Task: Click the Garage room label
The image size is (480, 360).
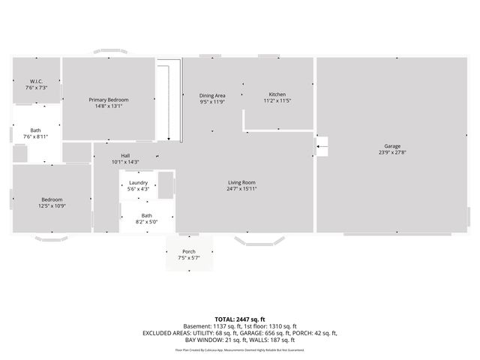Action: pyautogui.click(x=391, y=145)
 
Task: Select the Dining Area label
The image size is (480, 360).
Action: pyautogui.click(x=212, y=95)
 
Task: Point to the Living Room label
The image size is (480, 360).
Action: pyautogui.click(x=242, y=182)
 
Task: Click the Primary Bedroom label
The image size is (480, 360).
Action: pyautogui.click(x=109, y=100)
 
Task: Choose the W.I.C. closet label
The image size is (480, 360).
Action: pyautogui.click(x=37, y=81)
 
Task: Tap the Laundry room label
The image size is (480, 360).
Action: pyautogui.click(x=138, y=183)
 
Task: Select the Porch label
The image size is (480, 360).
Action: pyautogui.click(x=189, y=251)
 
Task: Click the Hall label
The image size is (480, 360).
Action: pyautogui.click(x=125, y=156)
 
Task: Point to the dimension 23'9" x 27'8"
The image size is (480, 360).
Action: pyautogui.click(x=391, y=152)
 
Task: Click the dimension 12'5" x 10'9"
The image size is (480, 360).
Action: pyautogui.click(x=52, y=205)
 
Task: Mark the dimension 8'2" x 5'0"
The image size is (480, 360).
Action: pyautogui.click(x=146, y=222)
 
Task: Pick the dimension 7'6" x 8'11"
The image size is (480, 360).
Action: pyautogui.click(x=36, y=136)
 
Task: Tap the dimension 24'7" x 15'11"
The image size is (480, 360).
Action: pyautogui.click(x=242, y=189)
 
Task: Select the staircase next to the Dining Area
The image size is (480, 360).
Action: pyautogui.click(x=170, y=101)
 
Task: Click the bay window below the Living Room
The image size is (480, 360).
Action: pyautogui.click(x=259, y=241)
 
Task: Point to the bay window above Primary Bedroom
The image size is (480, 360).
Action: pyautogui.click(x=110, y=52)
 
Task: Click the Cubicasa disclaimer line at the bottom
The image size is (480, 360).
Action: pyautogui.click(x=239, y=349)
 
